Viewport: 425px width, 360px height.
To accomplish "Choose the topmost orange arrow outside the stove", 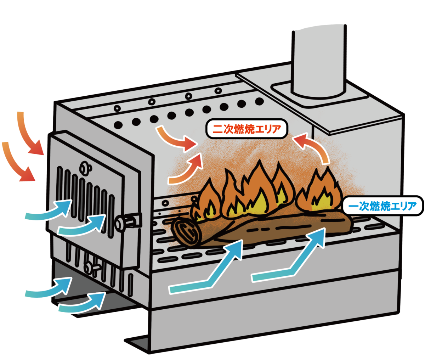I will point(30,133).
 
